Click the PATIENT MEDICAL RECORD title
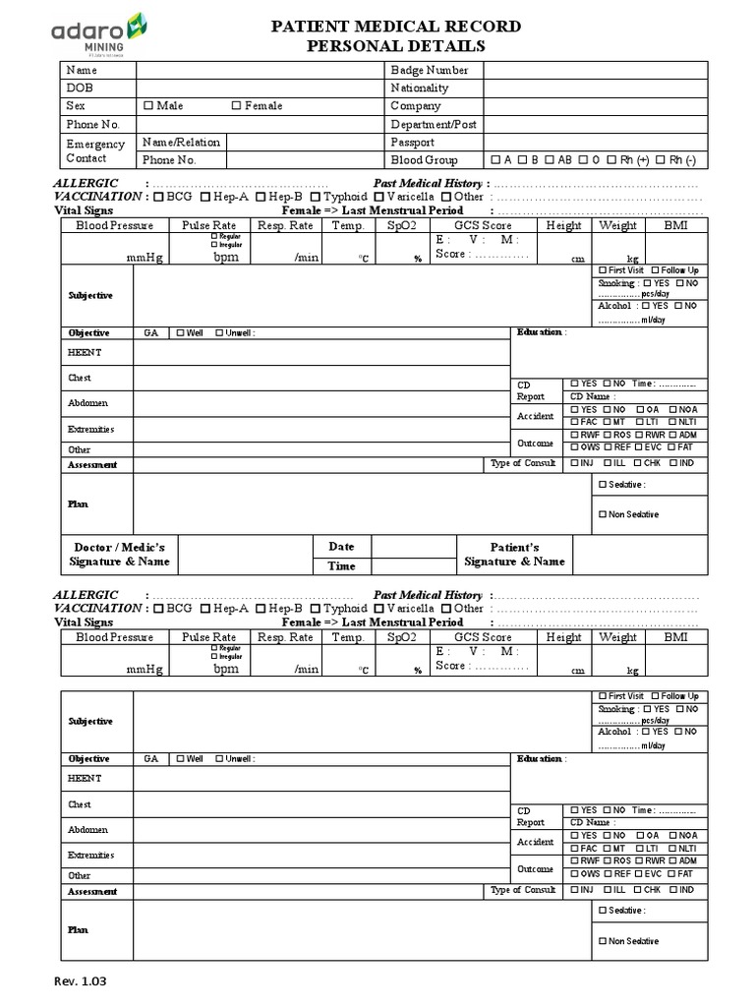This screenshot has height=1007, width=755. (396, 27)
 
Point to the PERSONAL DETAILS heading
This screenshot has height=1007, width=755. (396, 46)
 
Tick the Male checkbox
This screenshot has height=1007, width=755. (148, 106)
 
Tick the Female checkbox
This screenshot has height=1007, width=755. (237, 106)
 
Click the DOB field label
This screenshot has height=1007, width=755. (79, 89)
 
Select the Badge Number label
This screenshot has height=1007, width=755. (430, 71)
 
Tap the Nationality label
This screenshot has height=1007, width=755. (420, 89)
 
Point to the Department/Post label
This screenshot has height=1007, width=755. (434, 125)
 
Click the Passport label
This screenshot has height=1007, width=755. (412, 143)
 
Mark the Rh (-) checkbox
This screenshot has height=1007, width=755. (661, 160)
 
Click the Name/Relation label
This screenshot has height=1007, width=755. (182, 142)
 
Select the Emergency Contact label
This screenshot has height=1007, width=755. (95, 151)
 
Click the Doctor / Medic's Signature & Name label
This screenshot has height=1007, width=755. (119, 555)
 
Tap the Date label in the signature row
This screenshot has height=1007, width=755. (341, 547)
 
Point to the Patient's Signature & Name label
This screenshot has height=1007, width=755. (514, 555)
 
